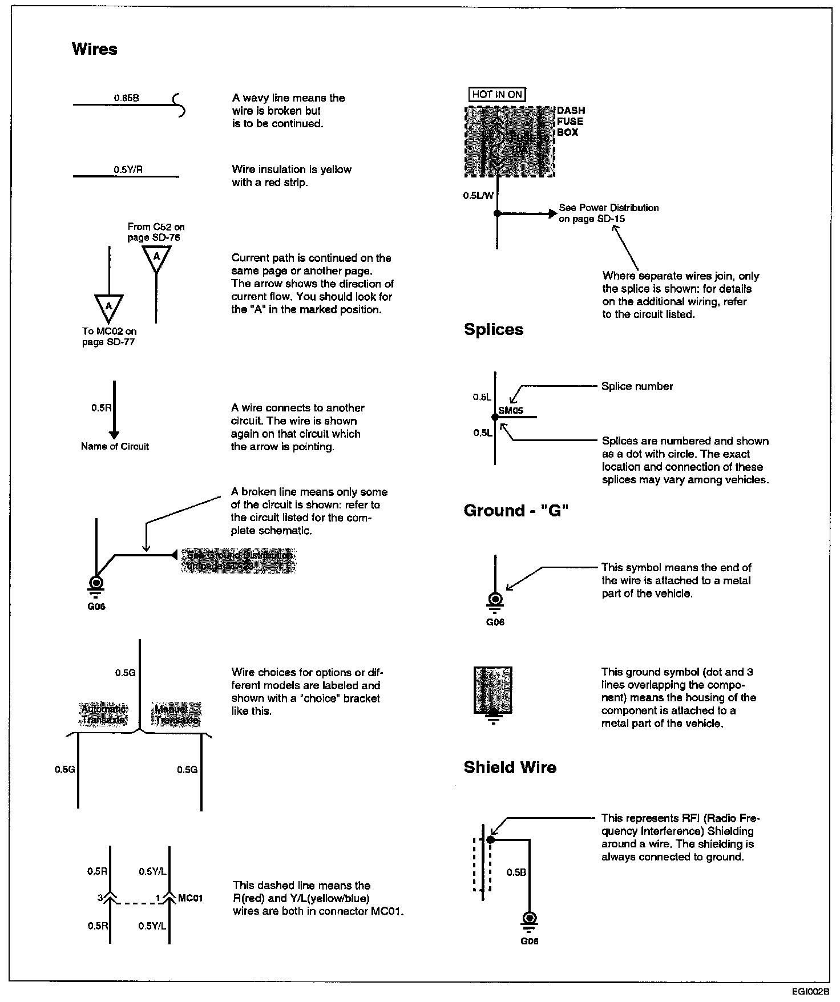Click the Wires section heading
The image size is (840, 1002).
tap(95, 49)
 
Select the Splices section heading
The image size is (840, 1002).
tap(494, 330)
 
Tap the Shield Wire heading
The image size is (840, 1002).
tap(510, 767)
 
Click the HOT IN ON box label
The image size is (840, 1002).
tap(497, 95)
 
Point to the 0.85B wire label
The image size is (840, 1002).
tap(126, 98)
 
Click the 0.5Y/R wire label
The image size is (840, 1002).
tap(128, 169)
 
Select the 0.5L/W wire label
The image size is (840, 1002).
tap(478, 196)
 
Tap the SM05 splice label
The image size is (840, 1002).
tap(511, 410)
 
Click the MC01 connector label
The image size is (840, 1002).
tap(191, 898)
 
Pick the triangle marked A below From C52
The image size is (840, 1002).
tap(156, 258)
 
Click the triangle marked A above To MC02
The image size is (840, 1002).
tap(108, 307)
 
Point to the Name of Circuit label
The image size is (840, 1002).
tap(115, 447)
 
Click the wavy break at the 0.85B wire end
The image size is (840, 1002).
tap(180, 105)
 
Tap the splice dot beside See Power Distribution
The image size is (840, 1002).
tap(497, 213)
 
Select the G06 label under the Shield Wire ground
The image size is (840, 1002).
tap(529, 942)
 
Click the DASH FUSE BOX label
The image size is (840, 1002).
tap(570, 122)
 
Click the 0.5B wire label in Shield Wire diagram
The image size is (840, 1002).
tap(516, 872)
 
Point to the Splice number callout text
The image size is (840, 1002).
tap(637, 386)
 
